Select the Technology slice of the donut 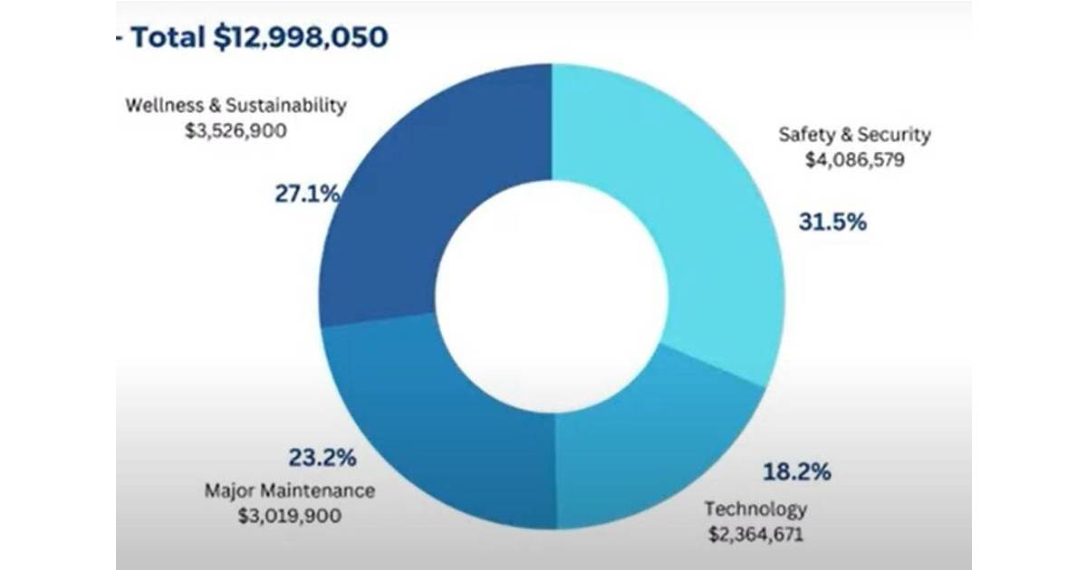tap(652, 434)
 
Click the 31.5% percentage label tap(832, 222)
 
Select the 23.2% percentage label tap(322, 458)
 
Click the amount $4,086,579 tap(854, 159)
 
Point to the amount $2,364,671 tap(755, 532)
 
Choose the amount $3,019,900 tap(289, 516)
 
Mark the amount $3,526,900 tap(236, 129)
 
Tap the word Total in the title tap(167, 37)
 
